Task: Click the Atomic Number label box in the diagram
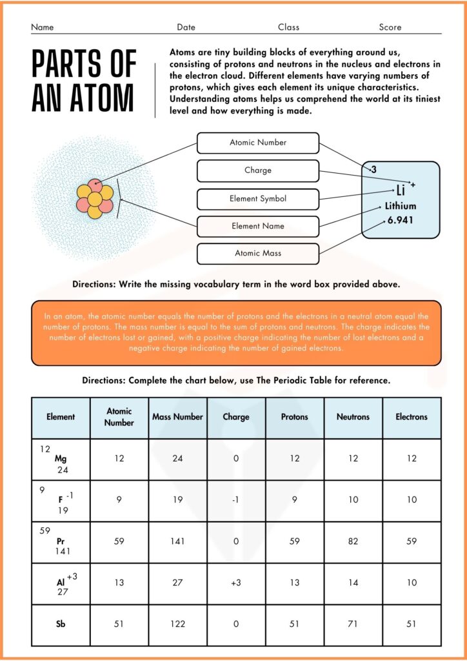click(257, 143)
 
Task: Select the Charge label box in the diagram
click(257, 170)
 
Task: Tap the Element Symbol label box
click(257, 199)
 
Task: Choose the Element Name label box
click(257, 227)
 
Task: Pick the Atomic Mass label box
click(257, 254)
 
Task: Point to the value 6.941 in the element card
click(400, 220)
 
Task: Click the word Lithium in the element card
click(401, 206)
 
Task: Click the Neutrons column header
click(353, 417)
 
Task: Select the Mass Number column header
click(177, 417)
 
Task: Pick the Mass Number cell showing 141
click(177, 542)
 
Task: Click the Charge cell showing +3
click(235, 583)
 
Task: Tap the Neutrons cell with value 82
click(353, 542)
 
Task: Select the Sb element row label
click(61, 624)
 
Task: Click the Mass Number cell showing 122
click(177, 624)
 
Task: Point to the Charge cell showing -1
click(235, 500)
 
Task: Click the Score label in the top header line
click(390, 27)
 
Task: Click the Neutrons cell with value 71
click(353, 624)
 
